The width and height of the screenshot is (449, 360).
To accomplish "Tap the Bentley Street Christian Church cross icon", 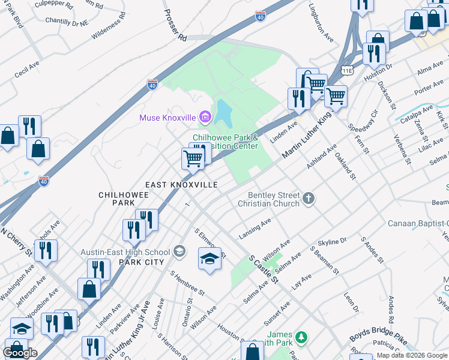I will pyautogui.click(x=309, y=199).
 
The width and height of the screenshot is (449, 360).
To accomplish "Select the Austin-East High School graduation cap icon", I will pyautogui.click(x=179, y=252).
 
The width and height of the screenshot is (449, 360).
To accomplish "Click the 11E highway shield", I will pyautogui.click(x=347, y=70).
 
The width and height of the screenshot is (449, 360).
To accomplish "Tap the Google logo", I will pyautogui.click(x=20, y=352).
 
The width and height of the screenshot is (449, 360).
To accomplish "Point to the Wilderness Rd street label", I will pyautogui.click(x=109, y=26).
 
